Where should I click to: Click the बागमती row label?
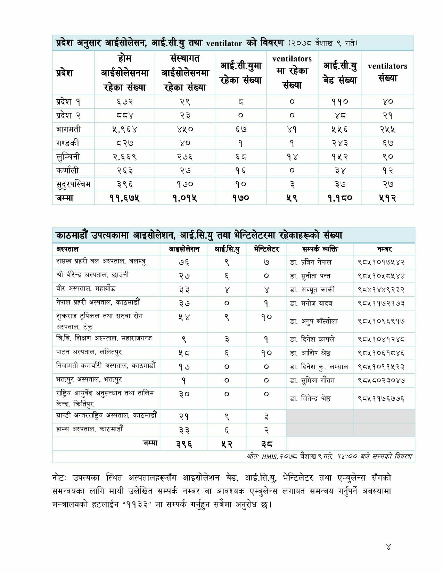(68, 129)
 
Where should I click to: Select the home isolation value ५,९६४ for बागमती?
(125, 129)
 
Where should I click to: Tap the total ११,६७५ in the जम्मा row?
(125, 198)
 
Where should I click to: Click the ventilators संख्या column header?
(387, 72)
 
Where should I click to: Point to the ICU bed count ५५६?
(339, 129)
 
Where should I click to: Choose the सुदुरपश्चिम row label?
(73, 184)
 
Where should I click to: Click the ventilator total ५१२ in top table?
(387, 198)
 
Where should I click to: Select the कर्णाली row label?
(68, 171)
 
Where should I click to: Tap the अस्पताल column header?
(67, 249)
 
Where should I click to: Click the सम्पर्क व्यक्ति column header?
(320, 249)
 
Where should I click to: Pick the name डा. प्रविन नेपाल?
(311, 262)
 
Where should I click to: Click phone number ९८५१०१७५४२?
(381, 262)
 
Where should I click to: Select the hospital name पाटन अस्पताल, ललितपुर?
(89, 352)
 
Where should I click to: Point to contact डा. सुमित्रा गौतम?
(312, 380)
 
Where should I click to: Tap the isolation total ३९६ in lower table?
(184, 444)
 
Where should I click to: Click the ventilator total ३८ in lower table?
(266, 444)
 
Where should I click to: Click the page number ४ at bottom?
(388, 547)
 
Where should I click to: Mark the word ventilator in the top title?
(224, 43)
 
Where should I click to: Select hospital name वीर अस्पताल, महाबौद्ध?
(85, 289)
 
